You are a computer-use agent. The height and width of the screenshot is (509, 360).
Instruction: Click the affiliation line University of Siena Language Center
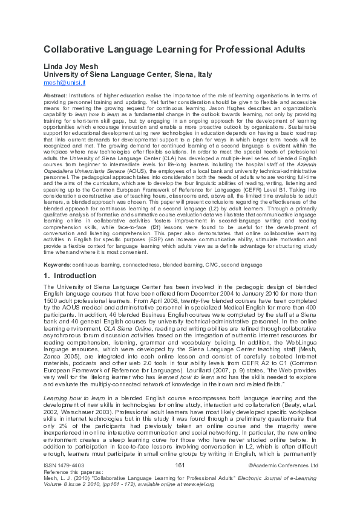[x=128, y=74]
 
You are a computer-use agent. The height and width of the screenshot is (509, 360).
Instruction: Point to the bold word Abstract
[x=56, y=96]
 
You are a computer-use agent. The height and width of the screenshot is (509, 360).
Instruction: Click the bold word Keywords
[x=57, y=265]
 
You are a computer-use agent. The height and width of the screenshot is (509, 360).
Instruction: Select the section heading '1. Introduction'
[x=70, y=276]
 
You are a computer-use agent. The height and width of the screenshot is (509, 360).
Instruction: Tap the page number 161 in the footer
[x=179, y=465]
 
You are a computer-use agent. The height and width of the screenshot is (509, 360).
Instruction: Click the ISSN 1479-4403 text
[x=65, y=465]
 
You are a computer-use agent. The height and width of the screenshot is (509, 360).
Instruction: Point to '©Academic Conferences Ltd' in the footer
[x=283, y=465]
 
